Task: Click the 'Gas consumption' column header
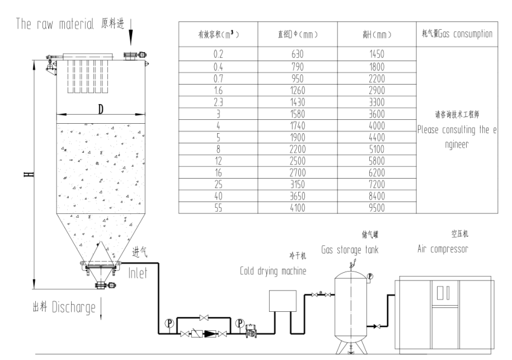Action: [457, 34]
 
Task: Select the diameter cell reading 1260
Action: [298, 91]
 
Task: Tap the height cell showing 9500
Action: [377, 208]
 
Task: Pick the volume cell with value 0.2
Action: [218, 54]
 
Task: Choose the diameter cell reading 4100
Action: [298, 208]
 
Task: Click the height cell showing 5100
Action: [377, 149]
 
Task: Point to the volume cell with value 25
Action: [218, 185]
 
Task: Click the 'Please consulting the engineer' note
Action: [457, 137]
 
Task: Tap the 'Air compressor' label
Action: [443, 249]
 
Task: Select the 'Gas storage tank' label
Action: [350, 250]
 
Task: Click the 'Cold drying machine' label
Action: [273, 271]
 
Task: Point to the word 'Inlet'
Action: [138, 273]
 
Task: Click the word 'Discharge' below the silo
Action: [74, 307]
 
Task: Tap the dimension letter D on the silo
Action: [101, 109]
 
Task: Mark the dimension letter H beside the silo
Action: [29, 174]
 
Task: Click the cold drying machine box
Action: [283, 301]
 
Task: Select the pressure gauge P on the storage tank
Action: [370, 277]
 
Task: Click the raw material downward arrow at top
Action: [130, 32]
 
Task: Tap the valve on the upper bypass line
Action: [204, 317]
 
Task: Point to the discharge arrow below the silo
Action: [101, 308]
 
